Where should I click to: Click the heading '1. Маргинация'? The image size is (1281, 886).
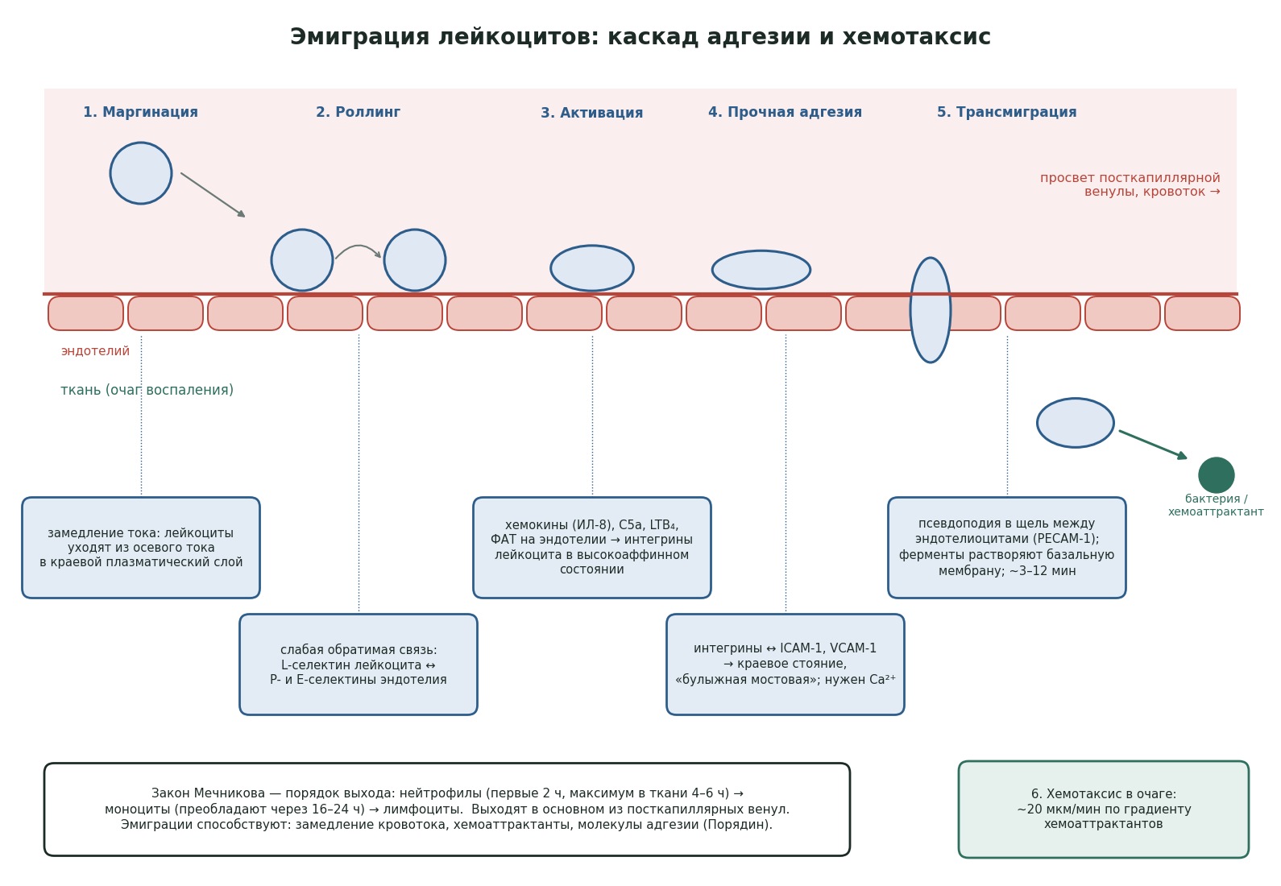point(141,112)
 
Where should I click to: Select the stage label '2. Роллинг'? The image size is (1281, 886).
point(358,112)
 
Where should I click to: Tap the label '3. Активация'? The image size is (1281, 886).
point(592,113)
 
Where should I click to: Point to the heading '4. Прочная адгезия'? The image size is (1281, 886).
point(785,112)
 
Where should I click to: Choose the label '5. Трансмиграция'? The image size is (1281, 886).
point(1006,112)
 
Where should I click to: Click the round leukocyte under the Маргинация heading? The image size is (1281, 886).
point(141,173)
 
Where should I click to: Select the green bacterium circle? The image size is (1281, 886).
point(1217,475)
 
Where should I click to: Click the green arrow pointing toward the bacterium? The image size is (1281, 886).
point(1153,445)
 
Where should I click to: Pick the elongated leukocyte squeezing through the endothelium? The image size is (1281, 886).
point(931,310)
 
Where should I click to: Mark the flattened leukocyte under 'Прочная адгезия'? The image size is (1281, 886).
point(761,270)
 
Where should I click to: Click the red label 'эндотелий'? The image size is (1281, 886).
point(96,351)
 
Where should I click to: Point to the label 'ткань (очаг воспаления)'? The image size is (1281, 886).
point(147,390)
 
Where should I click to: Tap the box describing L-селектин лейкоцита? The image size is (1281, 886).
point(359,664)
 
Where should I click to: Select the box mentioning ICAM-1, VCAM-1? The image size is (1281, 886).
point(786,664)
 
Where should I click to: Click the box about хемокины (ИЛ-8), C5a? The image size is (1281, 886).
point(592,548)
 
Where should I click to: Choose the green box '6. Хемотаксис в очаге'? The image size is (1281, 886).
point(1104,809)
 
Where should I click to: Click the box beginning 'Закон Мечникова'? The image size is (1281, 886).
point(447,809)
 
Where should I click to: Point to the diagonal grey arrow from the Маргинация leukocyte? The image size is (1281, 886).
point(213,195)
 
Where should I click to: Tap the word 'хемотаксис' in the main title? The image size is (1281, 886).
point(917,37)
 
